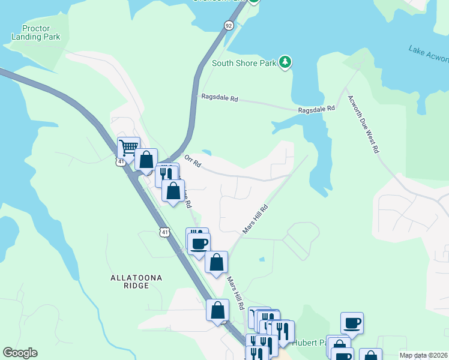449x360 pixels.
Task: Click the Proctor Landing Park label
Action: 36,32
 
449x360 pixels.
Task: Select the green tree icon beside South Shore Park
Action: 286,62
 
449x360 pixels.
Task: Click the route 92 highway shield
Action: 228,26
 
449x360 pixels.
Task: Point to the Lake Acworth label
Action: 428,53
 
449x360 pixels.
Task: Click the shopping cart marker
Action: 128,147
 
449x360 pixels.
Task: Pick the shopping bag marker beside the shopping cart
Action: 146,159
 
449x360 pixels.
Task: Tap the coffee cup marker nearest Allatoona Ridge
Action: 199,243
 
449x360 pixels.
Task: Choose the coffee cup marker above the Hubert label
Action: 352,322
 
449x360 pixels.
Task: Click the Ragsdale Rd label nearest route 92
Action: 220,98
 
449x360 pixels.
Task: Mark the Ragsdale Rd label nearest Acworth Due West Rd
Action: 317,110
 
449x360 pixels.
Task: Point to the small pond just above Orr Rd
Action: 206,152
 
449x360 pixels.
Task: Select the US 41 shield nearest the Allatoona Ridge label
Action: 164,232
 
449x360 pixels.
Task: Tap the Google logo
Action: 20,353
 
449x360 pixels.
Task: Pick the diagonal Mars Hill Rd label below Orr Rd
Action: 255,218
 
